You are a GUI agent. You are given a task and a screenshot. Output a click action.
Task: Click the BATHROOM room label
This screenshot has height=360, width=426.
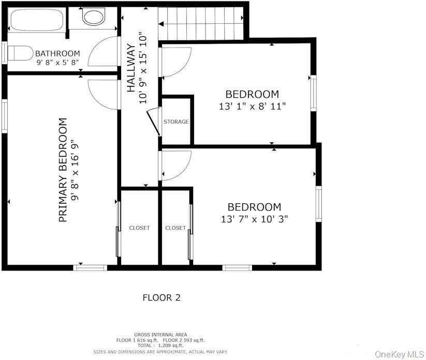pos(57,53)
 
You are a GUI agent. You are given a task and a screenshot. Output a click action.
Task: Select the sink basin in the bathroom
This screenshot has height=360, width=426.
pos(93,17)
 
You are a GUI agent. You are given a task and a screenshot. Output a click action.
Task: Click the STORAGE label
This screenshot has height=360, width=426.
pos(176,122)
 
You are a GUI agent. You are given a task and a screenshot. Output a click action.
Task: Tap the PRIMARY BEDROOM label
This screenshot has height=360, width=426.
pos(63,170)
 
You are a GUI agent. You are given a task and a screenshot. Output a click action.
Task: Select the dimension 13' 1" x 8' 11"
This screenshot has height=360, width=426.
pos(252,106)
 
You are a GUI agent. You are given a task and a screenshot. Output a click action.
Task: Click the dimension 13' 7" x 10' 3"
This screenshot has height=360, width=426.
pos(254,219)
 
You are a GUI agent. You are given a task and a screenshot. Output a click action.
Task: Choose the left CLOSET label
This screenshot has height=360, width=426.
pos(139,228)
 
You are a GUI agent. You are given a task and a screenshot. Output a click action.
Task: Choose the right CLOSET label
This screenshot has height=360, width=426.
pos(175,228)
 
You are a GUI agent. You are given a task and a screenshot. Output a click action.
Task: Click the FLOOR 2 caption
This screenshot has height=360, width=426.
pos(161,298)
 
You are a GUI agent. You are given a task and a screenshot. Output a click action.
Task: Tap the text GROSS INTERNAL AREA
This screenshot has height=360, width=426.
pos(160,335)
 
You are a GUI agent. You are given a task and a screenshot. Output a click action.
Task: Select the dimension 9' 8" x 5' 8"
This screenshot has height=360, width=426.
pos(57,63)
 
